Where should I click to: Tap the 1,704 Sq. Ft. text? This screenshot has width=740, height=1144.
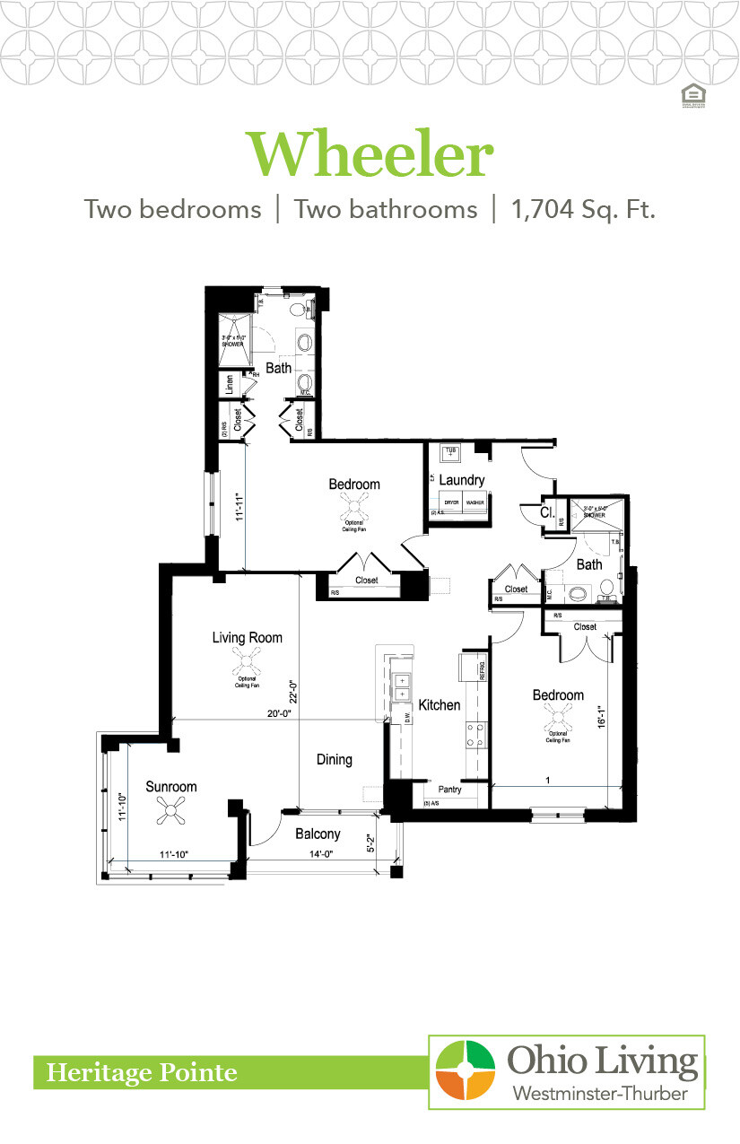coord(583,210)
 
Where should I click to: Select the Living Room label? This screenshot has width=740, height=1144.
coord(247,638)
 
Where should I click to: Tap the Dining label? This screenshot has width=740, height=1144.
coord(334,759)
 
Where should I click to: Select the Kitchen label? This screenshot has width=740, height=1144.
coord(439,705)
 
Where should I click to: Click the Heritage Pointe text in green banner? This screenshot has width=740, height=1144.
coord(142,1072)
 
